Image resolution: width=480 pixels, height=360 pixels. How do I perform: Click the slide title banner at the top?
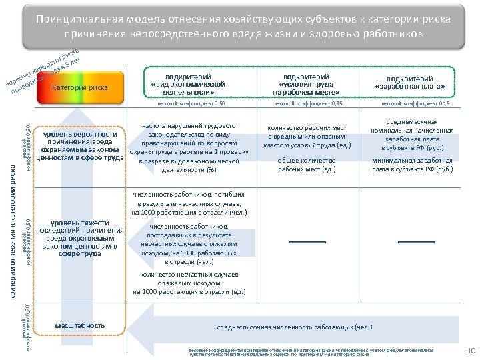[240, 25]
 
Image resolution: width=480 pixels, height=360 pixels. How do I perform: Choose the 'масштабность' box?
[80, 325]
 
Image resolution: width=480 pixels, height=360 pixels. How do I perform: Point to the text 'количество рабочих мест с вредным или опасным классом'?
[307, 136]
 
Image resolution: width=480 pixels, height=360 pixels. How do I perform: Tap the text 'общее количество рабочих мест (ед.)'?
[307, 165]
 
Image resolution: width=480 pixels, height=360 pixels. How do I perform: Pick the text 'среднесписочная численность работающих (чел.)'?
[295, 327]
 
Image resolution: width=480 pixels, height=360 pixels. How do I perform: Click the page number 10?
[467, 351]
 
